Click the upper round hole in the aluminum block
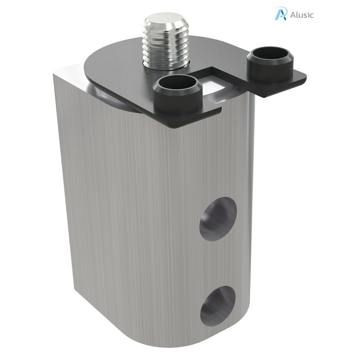[218, 219]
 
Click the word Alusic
[302, 14]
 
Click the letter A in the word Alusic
[293, 14]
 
